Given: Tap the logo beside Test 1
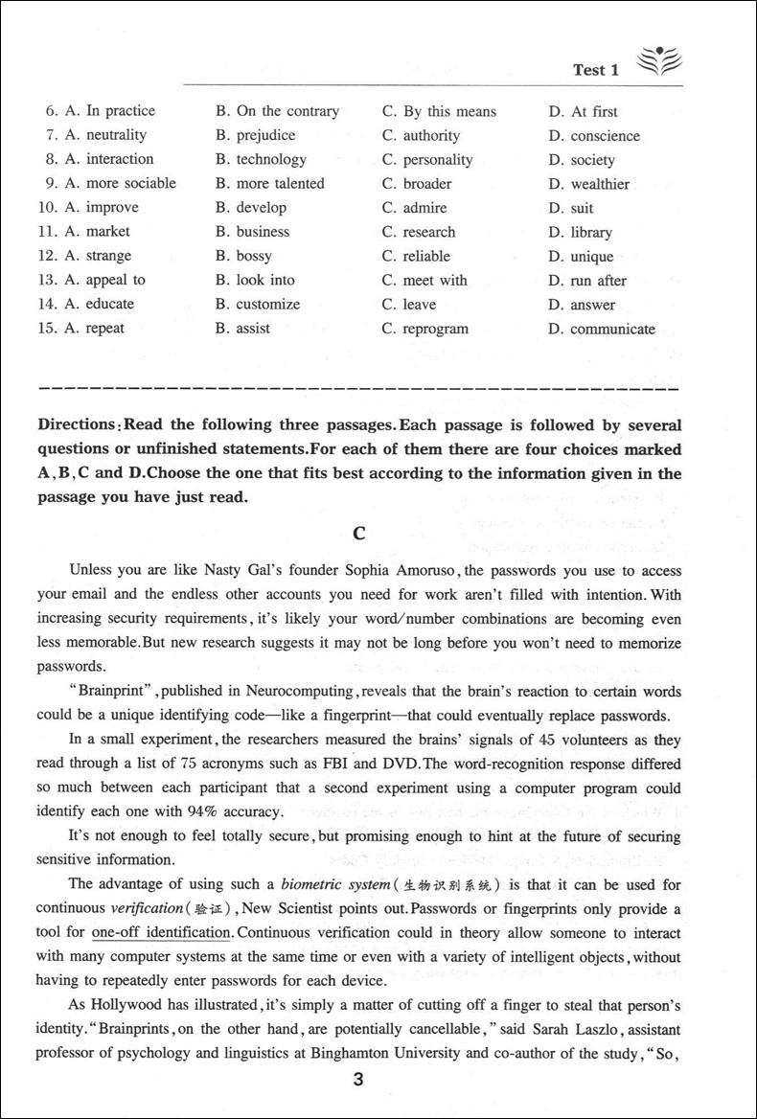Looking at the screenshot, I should [x=656, y=62].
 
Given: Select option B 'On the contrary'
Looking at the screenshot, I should [x=277, y=111].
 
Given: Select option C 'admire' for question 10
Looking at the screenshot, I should [x=416, y=208].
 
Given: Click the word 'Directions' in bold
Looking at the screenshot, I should [x=78, y=423].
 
